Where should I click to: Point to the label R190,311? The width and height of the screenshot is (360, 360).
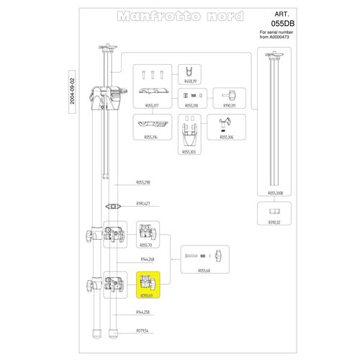(x=230, y=106)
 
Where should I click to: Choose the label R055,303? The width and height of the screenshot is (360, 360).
(x=190, y=153)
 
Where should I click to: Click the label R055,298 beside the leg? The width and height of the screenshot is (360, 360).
(x=143, y=182)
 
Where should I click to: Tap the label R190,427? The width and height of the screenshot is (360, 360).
(x=143, y=204)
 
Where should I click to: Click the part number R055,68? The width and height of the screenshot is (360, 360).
(x=204, y=271)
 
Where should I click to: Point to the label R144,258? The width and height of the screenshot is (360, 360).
(x=143, y=312)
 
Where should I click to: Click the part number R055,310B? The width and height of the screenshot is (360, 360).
(x=276, y=194)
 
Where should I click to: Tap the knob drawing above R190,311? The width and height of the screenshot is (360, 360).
(x=230, y=94)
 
